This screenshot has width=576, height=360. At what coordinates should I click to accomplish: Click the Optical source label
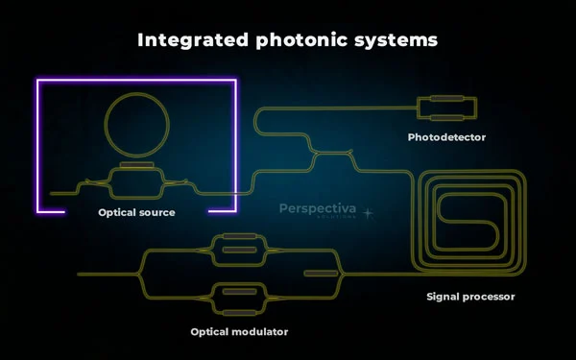tap(136, 212)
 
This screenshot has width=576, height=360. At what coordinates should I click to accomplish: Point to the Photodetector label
tap(446, 137)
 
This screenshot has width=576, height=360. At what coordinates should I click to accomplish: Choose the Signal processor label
tap(470, 297)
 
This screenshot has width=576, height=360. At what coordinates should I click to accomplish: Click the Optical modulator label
tap(239, 331)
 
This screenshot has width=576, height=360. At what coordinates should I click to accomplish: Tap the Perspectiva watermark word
tap(316, 206)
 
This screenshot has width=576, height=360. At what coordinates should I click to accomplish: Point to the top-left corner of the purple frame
tap(38, 81)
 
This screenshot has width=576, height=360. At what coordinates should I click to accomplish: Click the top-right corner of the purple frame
tap(235, 81)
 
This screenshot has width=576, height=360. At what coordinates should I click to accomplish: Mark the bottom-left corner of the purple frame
tap(38, 210)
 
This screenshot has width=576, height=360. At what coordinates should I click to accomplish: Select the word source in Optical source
tap(156, 212)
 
